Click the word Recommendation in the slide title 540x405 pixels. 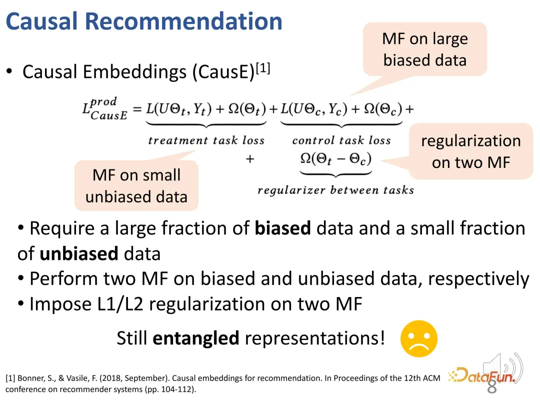tap(183, 21)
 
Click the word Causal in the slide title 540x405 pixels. tap(41, 21)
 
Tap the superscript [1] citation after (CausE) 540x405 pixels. tap(263, 68)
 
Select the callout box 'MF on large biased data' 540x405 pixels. tap(424, 49)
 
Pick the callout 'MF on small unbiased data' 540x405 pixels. tap(136, 185)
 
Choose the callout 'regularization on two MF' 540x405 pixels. tap(471, 151)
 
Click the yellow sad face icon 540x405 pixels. tap(419, 338)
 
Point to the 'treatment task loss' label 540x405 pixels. tap(206, 140)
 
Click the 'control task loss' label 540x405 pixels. tap(341, 140)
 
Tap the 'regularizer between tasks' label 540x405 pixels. tap(336, 190)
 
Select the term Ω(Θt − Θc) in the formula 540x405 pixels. tap(336, 159)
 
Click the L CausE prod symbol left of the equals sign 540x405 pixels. tap(104, 108)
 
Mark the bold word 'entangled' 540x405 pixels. tap(195, 338)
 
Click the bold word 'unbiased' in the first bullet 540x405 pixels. tap(79, 254)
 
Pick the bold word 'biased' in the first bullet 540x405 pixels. tap(282, 228)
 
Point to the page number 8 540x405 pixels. tap(492, 386)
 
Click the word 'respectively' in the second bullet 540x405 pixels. tap(478, 279)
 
